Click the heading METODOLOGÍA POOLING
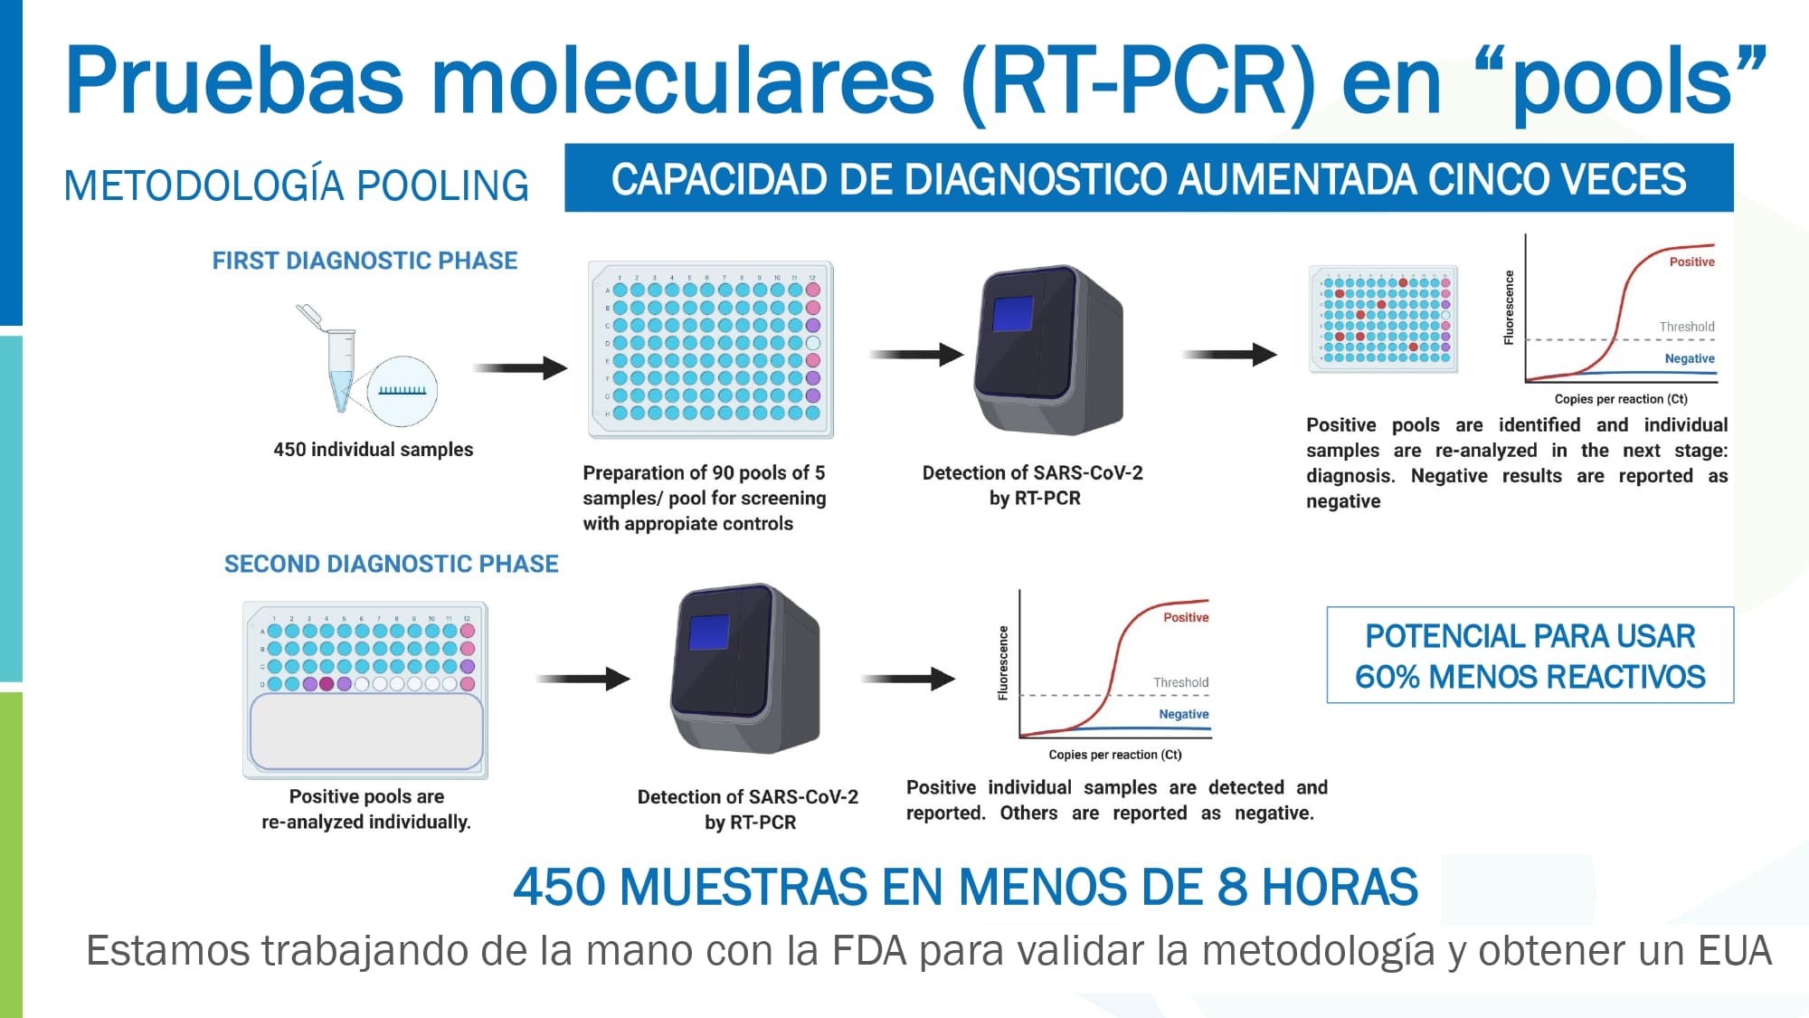(x=296, y=186)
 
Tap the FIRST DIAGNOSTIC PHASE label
(x=365, y=261)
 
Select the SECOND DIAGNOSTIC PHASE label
(x=391, y=564)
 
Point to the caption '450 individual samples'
(x=373, y=449)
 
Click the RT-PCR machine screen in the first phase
(x=1012, y=313)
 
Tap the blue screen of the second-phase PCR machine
(x=708, y=632)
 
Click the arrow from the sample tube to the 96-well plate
(x=520, y=367)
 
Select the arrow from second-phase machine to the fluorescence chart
(x=908, y=678)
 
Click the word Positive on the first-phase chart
(x=1691, y=262)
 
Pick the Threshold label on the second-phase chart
(x=1180, y=682)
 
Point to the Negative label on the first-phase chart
(x=1690, y=358)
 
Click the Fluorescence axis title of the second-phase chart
(x=1002, y=662)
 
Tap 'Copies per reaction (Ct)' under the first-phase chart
(x=1621, y=399)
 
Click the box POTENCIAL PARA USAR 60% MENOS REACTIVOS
(x=1530, y=655)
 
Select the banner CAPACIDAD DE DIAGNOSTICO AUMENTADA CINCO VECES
(x=1149, y=178)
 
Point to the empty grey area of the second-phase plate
(x=366, y=732)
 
